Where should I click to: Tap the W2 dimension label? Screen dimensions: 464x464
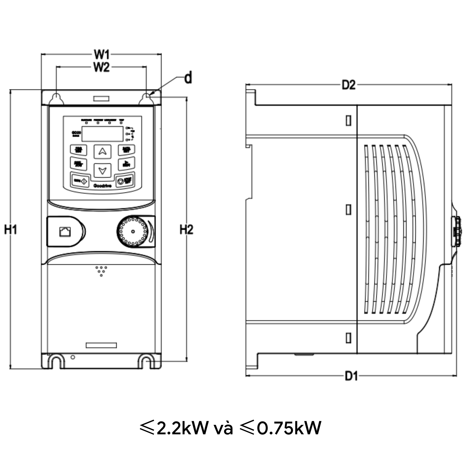[102, 67]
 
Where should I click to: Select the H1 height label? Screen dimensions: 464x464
[10, 229]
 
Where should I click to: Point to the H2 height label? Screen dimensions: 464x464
[186, 229]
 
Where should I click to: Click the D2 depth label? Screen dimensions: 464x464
[348, 85]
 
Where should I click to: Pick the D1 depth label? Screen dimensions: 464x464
[351, 376]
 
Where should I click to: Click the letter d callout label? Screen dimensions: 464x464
[188, 78]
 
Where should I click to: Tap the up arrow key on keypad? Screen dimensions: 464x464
[102, 152]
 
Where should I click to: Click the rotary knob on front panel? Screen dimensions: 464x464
[132, 232]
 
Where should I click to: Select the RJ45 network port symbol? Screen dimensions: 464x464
[65, 231]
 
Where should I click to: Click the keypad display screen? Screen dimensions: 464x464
[102, 134]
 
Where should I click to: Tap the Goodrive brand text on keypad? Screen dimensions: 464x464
[102, 186]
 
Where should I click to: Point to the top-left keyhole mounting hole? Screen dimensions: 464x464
[56, 99]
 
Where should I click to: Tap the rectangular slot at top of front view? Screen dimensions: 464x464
[101, 99]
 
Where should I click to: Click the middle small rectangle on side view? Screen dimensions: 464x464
[349, 210]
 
